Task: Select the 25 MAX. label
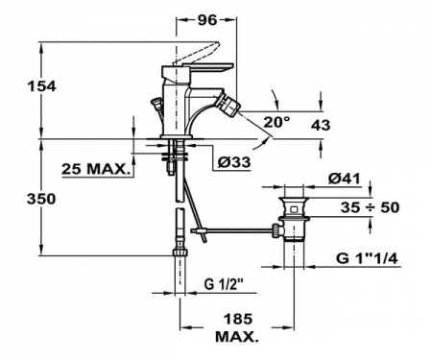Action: (95, 169)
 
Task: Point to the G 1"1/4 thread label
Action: (376, 259)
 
